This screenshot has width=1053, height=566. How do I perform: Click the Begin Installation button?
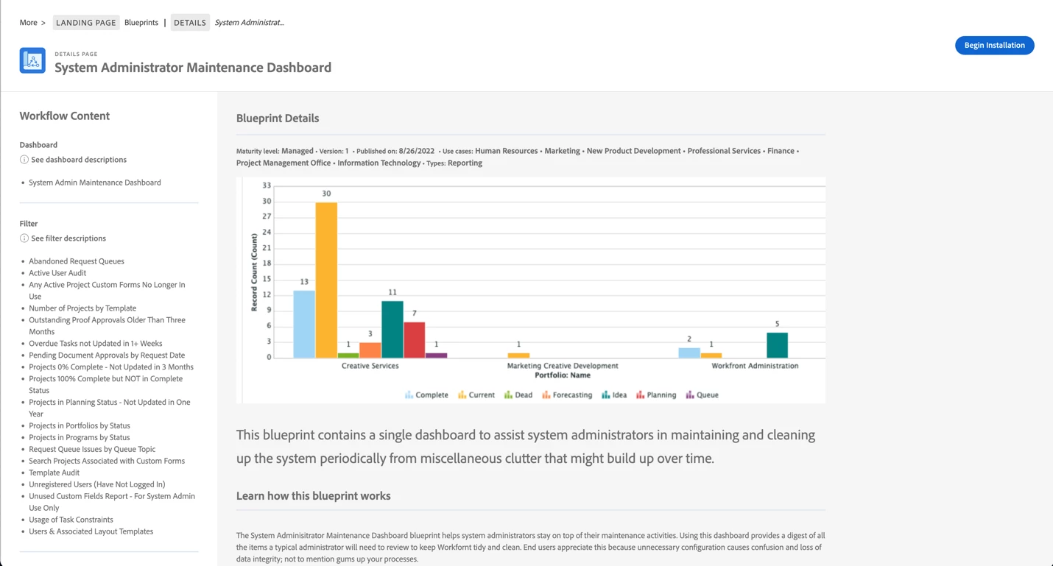click(994, 45)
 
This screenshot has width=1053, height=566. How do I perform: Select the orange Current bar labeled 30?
click(326, 280)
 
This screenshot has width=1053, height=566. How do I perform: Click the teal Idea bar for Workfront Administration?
click(777, 345)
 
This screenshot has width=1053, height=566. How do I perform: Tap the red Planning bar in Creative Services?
click(414, 339)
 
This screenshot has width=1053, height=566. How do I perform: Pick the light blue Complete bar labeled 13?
click(304, 324)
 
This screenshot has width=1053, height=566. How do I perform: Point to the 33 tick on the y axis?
click(267, 185)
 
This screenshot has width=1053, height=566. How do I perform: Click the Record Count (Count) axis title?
click(254, 272)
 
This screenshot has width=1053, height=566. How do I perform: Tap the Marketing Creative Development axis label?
click(563, 366)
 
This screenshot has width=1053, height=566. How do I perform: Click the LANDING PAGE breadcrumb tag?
click(86, 23)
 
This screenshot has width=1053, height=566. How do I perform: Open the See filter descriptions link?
click(68, 238)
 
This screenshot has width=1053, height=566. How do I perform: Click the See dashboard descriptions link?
click(79, 160)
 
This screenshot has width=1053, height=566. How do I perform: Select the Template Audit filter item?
click(54, 473)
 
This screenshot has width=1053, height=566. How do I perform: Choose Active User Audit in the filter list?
click(57, 273)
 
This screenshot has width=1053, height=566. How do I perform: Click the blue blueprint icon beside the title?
click(32, 60)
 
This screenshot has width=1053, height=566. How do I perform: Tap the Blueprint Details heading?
click(278, 118)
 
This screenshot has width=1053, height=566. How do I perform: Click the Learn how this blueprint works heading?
click(313, 496)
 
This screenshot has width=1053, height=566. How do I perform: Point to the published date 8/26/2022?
click(417, 151)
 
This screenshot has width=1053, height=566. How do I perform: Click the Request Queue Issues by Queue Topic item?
click(92, 449)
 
